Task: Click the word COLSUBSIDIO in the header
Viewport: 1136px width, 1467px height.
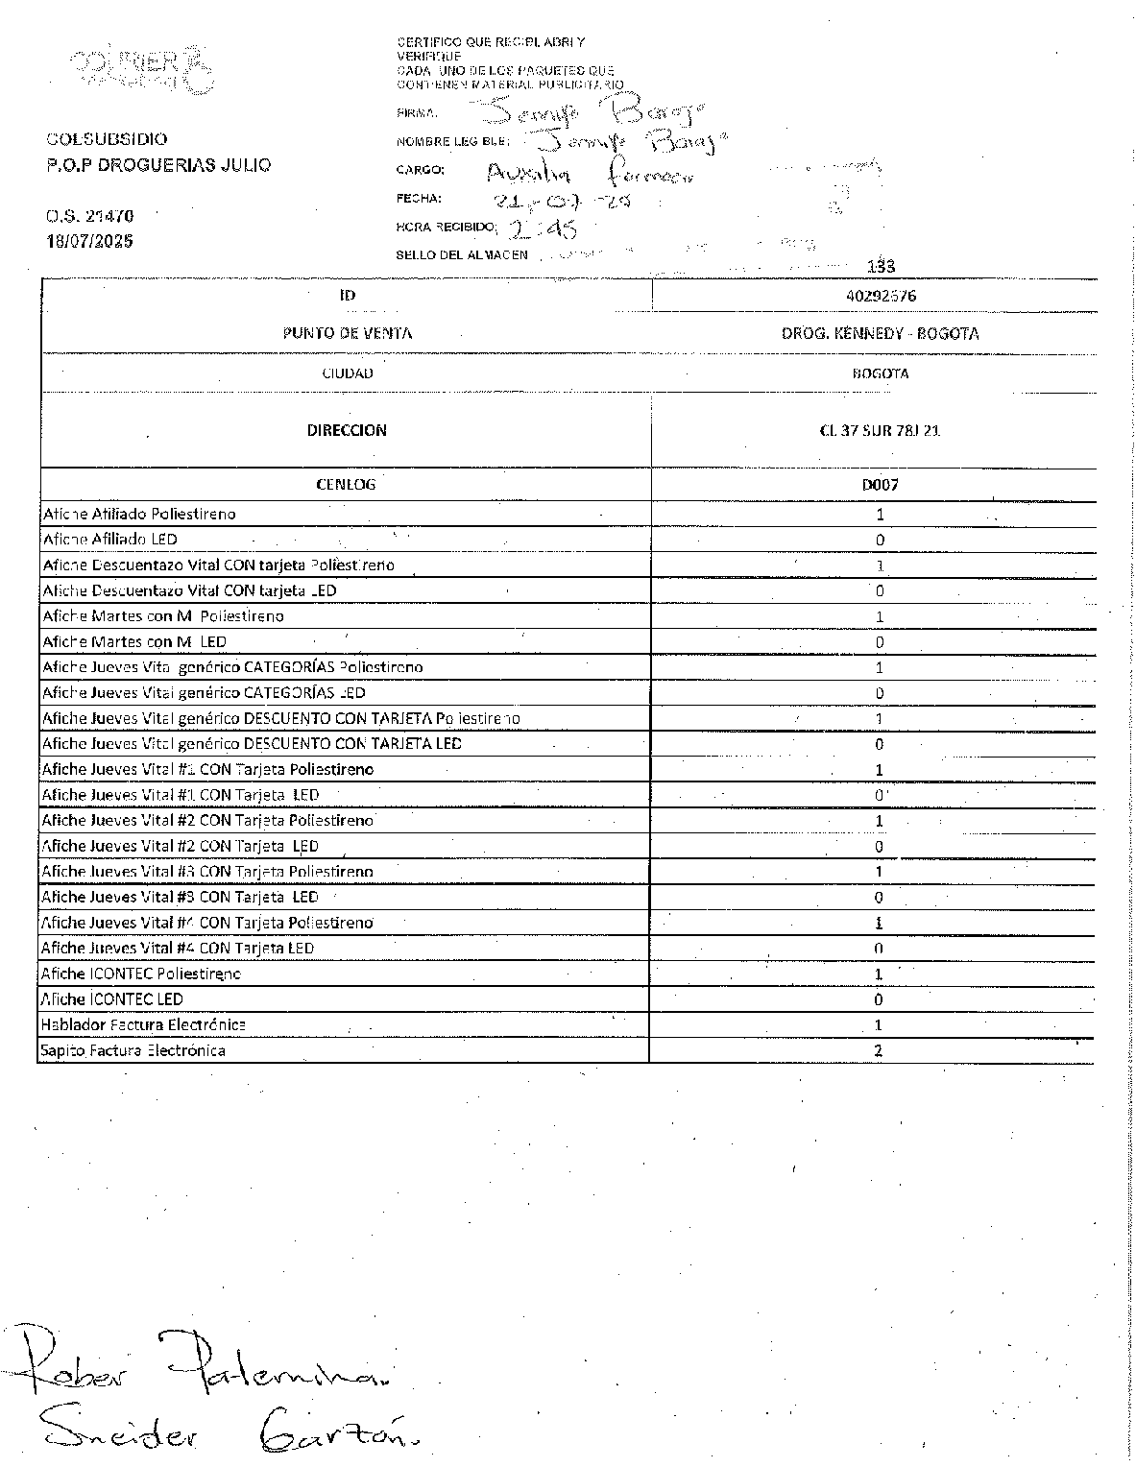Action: click(x=107, y=139)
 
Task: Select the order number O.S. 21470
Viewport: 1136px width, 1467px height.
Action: click(x=89, y=216)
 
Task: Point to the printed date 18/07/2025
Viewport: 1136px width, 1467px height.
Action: click(x=89, y=241)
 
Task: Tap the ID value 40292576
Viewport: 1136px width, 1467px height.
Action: click(x=880, y=296)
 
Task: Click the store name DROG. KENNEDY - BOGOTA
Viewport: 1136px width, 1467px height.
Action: click(x=880, y=333)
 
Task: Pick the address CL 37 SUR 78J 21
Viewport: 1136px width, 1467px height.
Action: click(x=880, y=430)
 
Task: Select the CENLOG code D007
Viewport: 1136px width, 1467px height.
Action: click(x=880, y=485)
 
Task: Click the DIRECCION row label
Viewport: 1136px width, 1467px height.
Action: click(x=347, y=430)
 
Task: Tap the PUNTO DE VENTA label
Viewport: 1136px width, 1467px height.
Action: click(x=347, y=333)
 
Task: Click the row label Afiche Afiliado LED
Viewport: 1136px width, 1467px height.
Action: click(x=109, y=540)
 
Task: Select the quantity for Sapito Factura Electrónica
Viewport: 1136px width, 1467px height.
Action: click(x=879, y=1050)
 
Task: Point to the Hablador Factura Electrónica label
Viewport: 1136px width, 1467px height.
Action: click(x=142, y=1024)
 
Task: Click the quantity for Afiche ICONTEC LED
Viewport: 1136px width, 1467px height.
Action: click(x=879, y=999)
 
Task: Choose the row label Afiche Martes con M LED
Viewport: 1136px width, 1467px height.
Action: click(x=134, y=641)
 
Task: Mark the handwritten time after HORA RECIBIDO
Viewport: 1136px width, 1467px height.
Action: click(x=543, y=228)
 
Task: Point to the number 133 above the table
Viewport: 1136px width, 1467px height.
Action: click(x=881, y=266)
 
